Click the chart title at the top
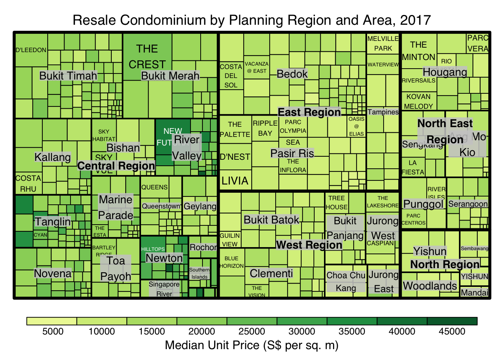(252, 20)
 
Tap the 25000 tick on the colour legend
(252, 331)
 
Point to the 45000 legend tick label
(452, 331)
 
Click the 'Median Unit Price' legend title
(252, 345)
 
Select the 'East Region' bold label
(309, 112)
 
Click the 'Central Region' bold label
(116, 166)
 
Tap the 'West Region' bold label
(309, 245)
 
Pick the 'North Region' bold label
(445, 264)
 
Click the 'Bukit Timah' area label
(68, 76)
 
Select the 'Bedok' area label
(292, 74)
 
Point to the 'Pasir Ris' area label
(292, 153)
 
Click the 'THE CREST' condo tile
(147, 56)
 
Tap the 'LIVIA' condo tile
(235, 181)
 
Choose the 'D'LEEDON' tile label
(31, 50)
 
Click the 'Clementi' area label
(271, 273)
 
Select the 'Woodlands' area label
(430, 286)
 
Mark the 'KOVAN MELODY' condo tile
(418, 101)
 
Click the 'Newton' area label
(164, 258)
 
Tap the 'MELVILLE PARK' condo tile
(383, 43)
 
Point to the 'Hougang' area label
(445, 72)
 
